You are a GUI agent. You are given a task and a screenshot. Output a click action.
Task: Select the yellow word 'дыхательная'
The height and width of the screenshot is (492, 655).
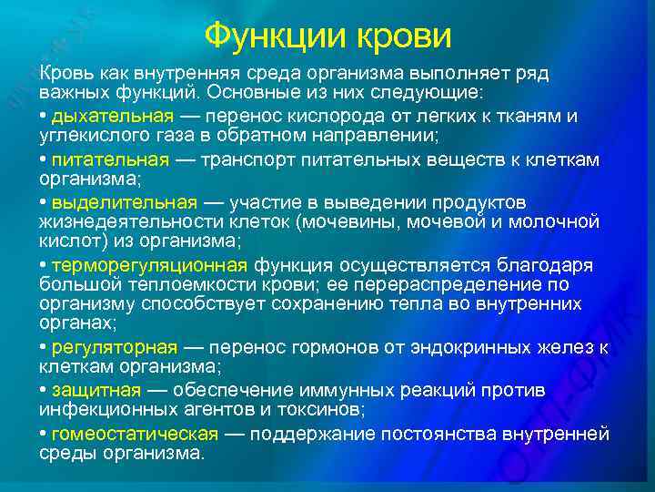(x=112, y=117)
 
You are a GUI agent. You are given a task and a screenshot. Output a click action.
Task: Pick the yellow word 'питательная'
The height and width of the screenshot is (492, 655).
(x=110, y=159)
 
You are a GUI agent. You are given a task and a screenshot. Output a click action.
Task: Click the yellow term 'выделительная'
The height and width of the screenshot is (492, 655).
(x=124, y=201)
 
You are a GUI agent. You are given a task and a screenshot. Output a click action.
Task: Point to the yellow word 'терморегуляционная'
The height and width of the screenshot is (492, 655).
(x=149, y=265)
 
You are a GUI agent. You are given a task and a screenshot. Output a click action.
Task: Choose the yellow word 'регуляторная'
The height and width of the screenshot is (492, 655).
(x=115, y=348)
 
